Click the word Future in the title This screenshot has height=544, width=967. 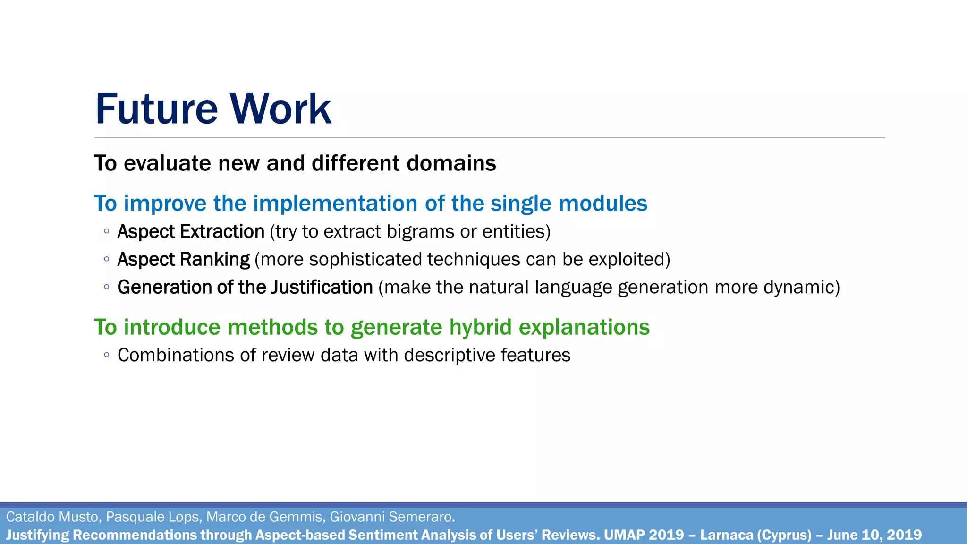coord(156,109)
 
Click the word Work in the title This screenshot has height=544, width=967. coord(280,109)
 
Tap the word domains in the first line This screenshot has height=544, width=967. coord(451,163)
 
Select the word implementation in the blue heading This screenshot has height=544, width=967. coord(336,204)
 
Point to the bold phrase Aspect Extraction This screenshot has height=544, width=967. coord(191,232)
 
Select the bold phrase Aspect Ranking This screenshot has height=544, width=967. coord(183,260)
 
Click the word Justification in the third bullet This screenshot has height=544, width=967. coord(322,288)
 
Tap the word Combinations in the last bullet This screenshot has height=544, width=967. coord(175,355)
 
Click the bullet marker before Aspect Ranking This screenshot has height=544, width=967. coord(107,259)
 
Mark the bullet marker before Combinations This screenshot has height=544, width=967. coord(107,355)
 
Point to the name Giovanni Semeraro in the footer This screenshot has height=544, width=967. coord(391,517)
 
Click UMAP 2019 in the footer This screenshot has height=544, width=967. coord(644,535)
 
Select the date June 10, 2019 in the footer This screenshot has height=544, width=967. coord(874,535)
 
